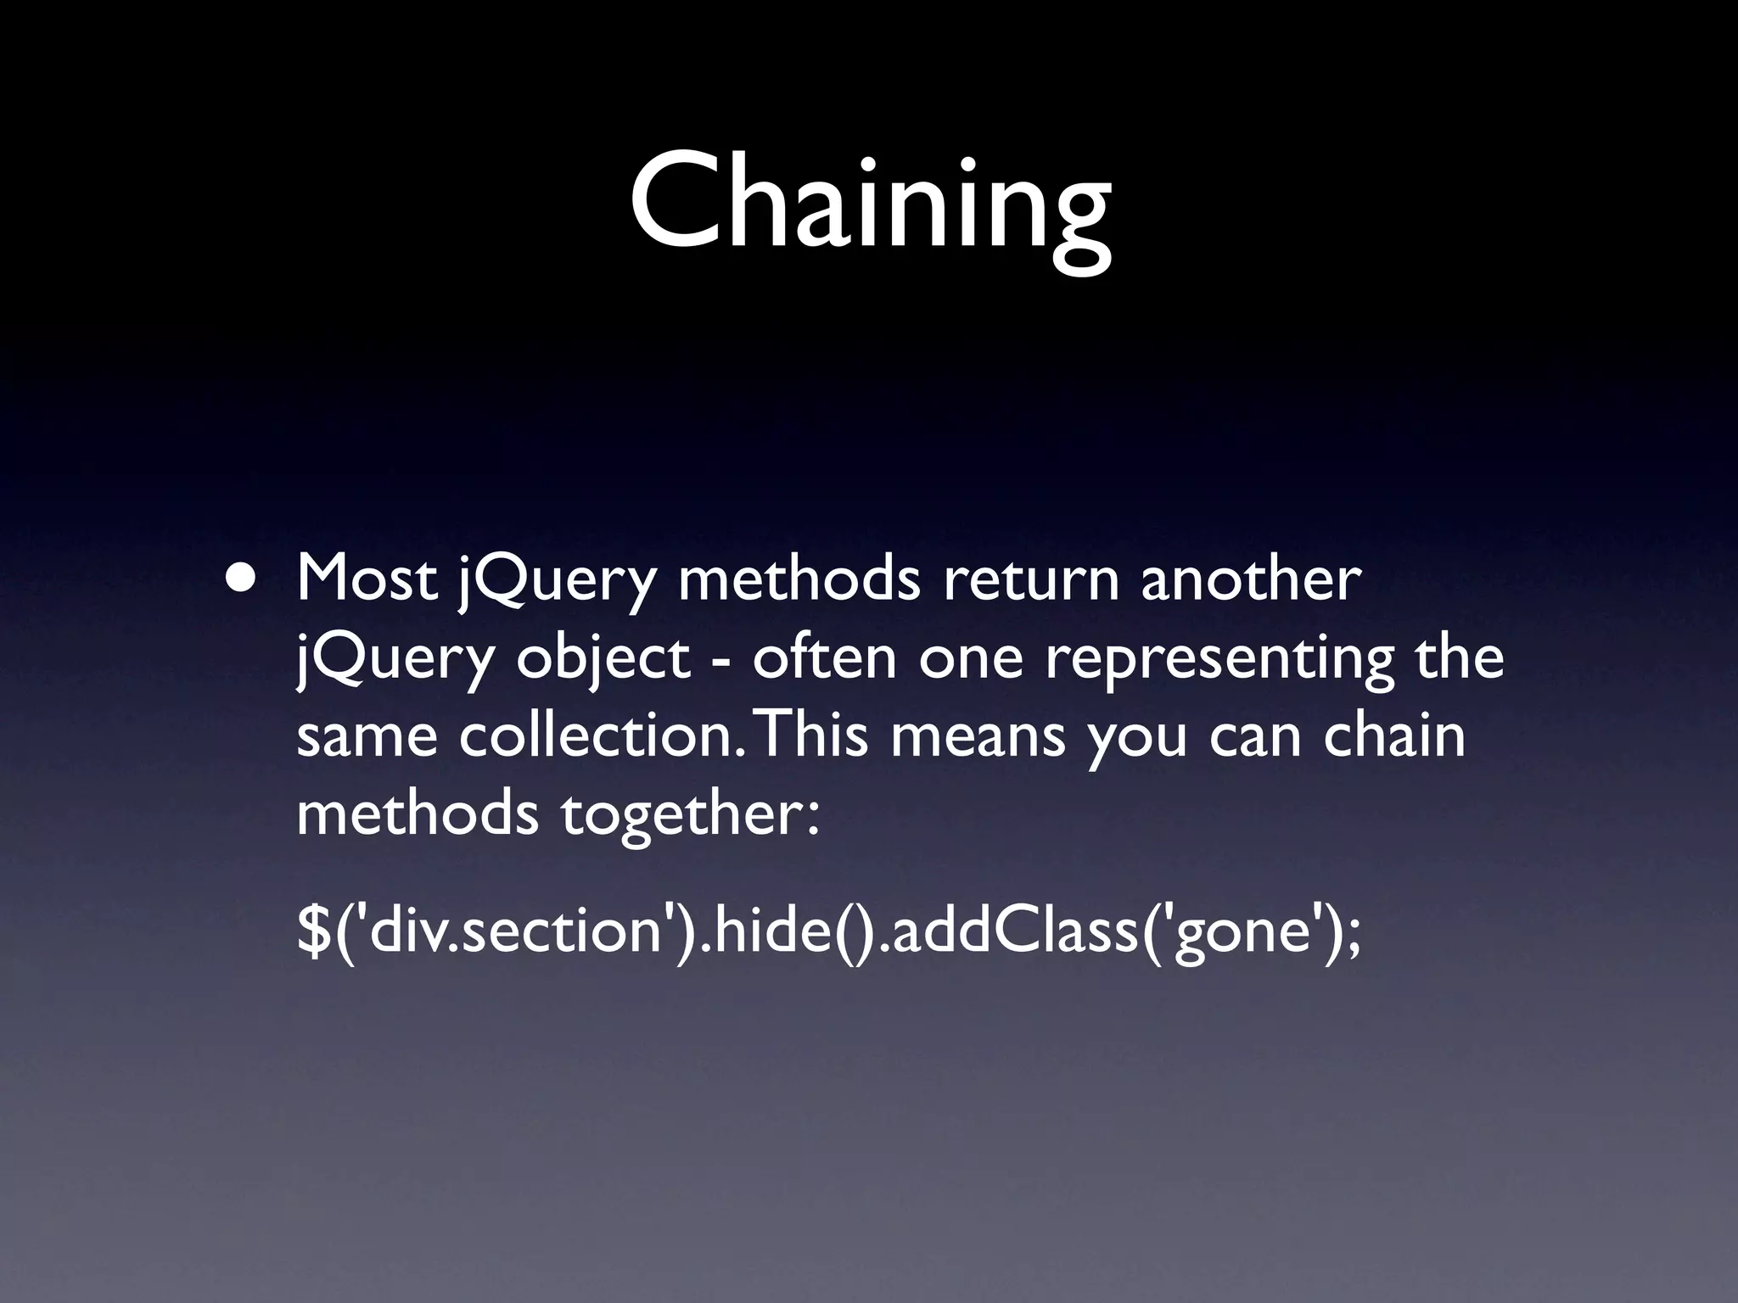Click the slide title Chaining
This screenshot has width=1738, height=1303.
pos(869,204)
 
